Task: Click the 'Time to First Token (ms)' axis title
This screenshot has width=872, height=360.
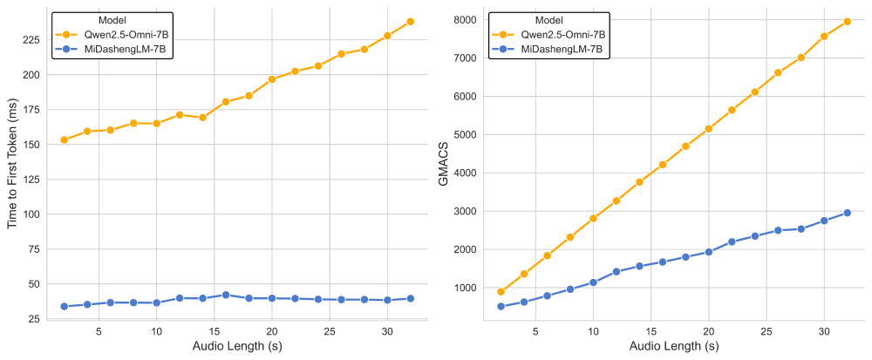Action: (x=12, y=166)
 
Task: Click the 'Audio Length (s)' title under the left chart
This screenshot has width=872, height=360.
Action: (x=237, y=347)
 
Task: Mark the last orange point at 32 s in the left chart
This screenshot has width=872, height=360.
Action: (x=410, y=21)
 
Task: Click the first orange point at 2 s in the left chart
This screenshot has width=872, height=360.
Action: (x=64, y=139)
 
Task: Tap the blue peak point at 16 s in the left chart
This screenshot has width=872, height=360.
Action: (x=226, y=295)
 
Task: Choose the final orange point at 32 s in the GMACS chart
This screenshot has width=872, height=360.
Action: (x=847, y=21)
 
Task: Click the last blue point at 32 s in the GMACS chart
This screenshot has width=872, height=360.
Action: (x=847, y=213)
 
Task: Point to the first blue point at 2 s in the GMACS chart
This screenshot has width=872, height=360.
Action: (x=501, y=306)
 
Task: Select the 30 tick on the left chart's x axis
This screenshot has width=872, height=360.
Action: (x=387, y=331)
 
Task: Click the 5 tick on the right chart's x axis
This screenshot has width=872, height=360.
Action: (x=535, y=331)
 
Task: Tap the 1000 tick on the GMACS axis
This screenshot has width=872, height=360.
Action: (x=466, y=288)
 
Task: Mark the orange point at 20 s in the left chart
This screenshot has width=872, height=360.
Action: (x=272, y=79)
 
